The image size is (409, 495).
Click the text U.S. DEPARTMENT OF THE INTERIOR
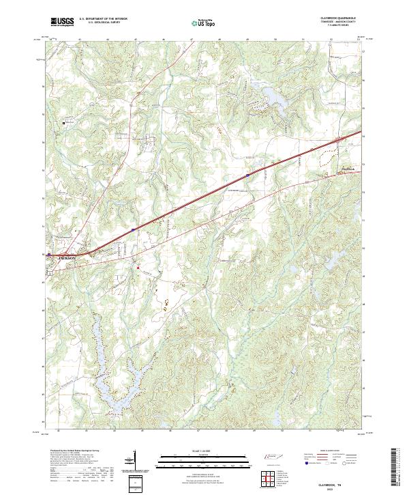pyautogui.click(x=104, y=19)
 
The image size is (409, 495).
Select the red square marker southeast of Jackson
pyautogui.click(x=138, y=268)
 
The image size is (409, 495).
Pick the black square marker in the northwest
pyautogui.click(x=64, y=123)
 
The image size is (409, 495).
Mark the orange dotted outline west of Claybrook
pyautogui.click(x=326, y=161)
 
